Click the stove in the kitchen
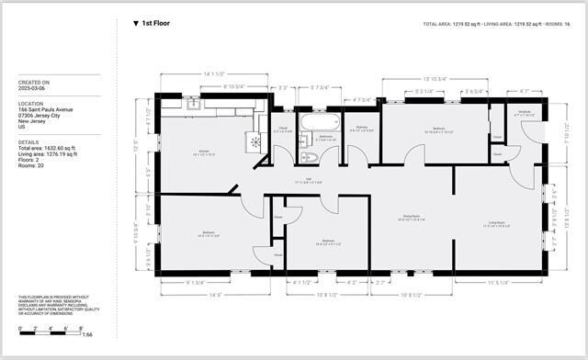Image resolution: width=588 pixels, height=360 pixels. [252, 142]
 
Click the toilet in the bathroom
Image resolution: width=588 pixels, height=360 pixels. [303, 156]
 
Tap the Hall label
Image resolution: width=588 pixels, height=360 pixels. [309, 181]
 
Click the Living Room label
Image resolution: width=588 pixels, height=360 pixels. [496, 223]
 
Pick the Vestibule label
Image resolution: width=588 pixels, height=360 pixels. [525, 113]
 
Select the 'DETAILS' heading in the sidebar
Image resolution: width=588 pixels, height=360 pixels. [28, 142]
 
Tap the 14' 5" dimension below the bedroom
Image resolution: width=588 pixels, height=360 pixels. [214, 295]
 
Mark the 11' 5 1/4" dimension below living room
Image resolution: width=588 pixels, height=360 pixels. [497, 282]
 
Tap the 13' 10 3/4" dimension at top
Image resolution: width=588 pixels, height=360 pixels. [434, 78]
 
